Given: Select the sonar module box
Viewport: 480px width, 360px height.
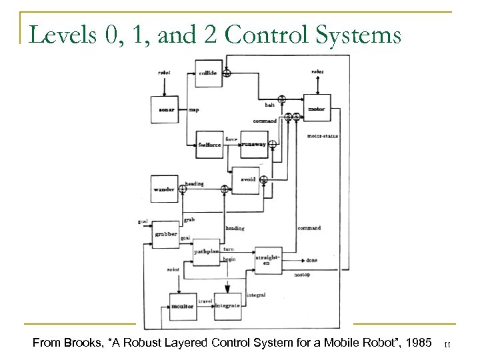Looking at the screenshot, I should (167, 109).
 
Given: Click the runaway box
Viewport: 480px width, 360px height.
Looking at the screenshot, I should (253, 143).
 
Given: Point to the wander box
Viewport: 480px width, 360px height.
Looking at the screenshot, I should (164, 189).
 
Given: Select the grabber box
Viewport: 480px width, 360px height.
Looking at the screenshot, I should (166, 235).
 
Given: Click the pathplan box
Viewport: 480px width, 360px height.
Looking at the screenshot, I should (206, 252).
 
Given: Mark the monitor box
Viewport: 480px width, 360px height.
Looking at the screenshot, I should (182, 306).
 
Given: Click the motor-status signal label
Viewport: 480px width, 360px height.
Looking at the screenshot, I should (323, 136).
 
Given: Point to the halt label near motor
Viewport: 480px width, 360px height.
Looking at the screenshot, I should (269, 105).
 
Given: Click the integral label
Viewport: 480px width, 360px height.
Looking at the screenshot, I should (256, 294).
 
